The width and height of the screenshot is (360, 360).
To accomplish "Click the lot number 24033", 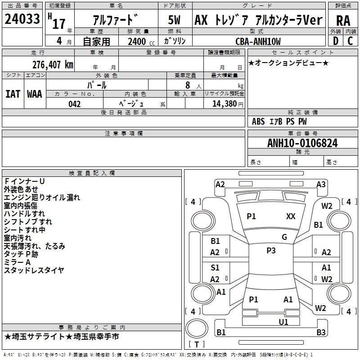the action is coord(22,20).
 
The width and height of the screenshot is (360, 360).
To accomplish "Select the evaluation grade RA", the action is coord(343,21).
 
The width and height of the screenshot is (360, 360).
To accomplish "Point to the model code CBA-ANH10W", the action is coord(258,41).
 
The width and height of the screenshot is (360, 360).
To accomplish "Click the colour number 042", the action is coord(75,104).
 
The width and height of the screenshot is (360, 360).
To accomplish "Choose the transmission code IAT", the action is coord(13,94).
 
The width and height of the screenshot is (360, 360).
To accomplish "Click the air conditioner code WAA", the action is coord(34,94).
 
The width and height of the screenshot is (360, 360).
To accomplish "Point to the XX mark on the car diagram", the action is coord(291,216).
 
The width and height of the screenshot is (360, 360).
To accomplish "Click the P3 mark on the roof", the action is coord(271,251).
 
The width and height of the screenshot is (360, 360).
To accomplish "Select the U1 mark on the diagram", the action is coord(283,322).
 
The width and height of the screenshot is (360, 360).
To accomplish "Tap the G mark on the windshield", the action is coord(284,237).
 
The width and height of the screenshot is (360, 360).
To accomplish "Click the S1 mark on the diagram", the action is coord(215,268).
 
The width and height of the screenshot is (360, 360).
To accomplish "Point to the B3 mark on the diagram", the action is coord(320,333).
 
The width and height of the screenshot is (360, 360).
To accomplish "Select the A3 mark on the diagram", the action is coord(321,184).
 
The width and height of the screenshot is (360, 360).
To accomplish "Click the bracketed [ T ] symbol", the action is coord(196,344).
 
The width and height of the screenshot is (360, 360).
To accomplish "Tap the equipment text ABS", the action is coord(258,121).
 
